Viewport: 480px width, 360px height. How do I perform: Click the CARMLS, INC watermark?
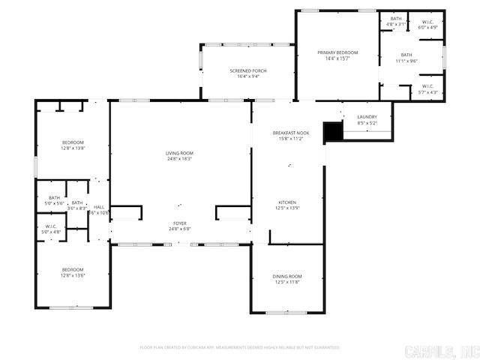(440, 351)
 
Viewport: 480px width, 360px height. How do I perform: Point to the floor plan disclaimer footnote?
(240, 347)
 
